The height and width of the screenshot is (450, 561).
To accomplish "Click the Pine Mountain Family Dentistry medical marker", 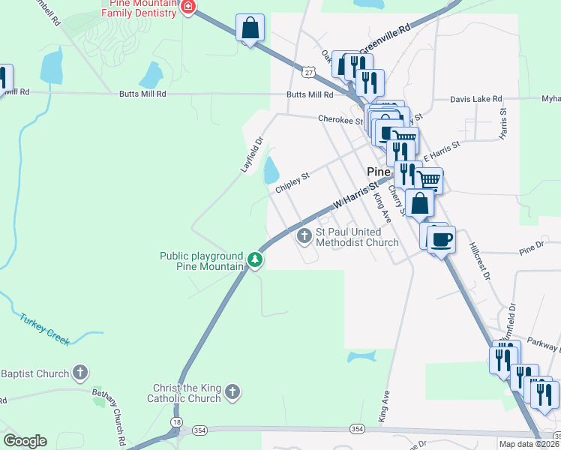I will tap(188, 8).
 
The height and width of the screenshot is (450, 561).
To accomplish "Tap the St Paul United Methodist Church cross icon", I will tap(304, 237).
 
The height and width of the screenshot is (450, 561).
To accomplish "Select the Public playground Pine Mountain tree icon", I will tap(256, 261).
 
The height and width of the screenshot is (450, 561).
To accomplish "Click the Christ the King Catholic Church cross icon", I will tap(233, 391).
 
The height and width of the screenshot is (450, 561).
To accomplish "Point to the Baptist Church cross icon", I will tap(80, 373).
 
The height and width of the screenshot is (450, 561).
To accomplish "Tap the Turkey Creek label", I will tap(45, 328).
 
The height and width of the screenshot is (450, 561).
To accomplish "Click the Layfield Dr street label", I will tap(253, 154).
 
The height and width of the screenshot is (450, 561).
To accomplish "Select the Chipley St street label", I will tap(292, 183).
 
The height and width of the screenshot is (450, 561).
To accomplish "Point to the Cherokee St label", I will tap(340, 119).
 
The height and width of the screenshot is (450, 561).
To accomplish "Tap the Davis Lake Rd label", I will tap(476, 99).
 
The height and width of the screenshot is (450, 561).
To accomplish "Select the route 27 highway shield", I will tap(308, 71).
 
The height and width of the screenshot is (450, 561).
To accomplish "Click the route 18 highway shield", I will tap(176, 423).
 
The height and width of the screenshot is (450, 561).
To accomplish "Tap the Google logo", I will tap(25, 441).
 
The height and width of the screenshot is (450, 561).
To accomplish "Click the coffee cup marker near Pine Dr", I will tap(441, 239).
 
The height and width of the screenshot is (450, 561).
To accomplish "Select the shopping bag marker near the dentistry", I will tap(250, 28).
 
